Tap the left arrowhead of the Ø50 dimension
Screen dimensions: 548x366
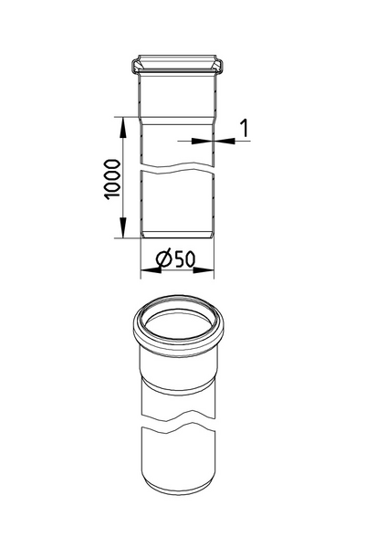[144, 271]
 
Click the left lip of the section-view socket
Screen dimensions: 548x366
[135, 66]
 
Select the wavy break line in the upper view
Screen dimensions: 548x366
[177, 169]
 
